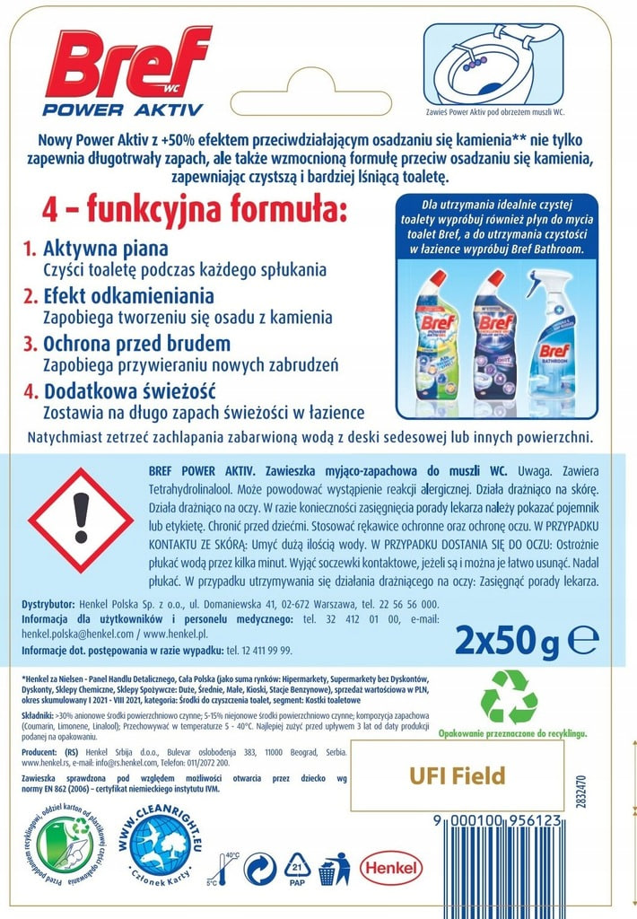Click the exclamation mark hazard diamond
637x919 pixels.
[x=81, y=520]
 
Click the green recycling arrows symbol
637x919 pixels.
[x=510, y=696]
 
